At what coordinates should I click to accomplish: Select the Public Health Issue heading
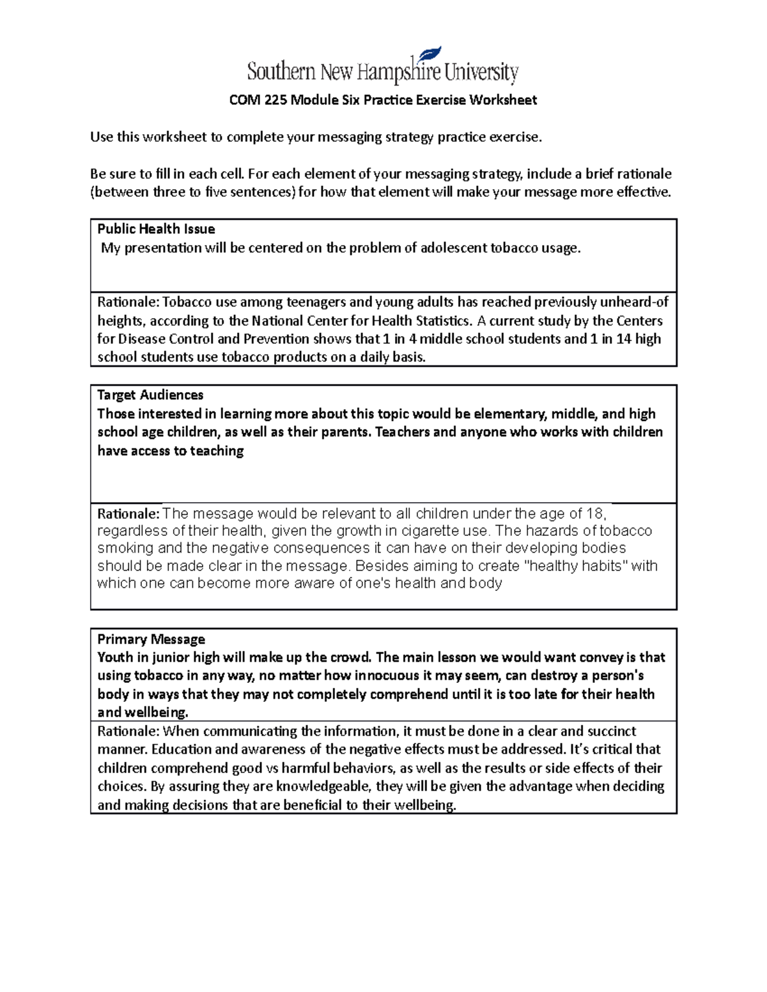[x=155, y=229]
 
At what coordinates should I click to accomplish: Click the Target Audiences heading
[x=150, y=395]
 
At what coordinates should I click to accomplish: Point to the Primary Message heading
[x=151, y=639]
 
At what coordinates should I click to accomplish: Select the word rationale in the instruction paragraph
[x=644, y=174]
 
